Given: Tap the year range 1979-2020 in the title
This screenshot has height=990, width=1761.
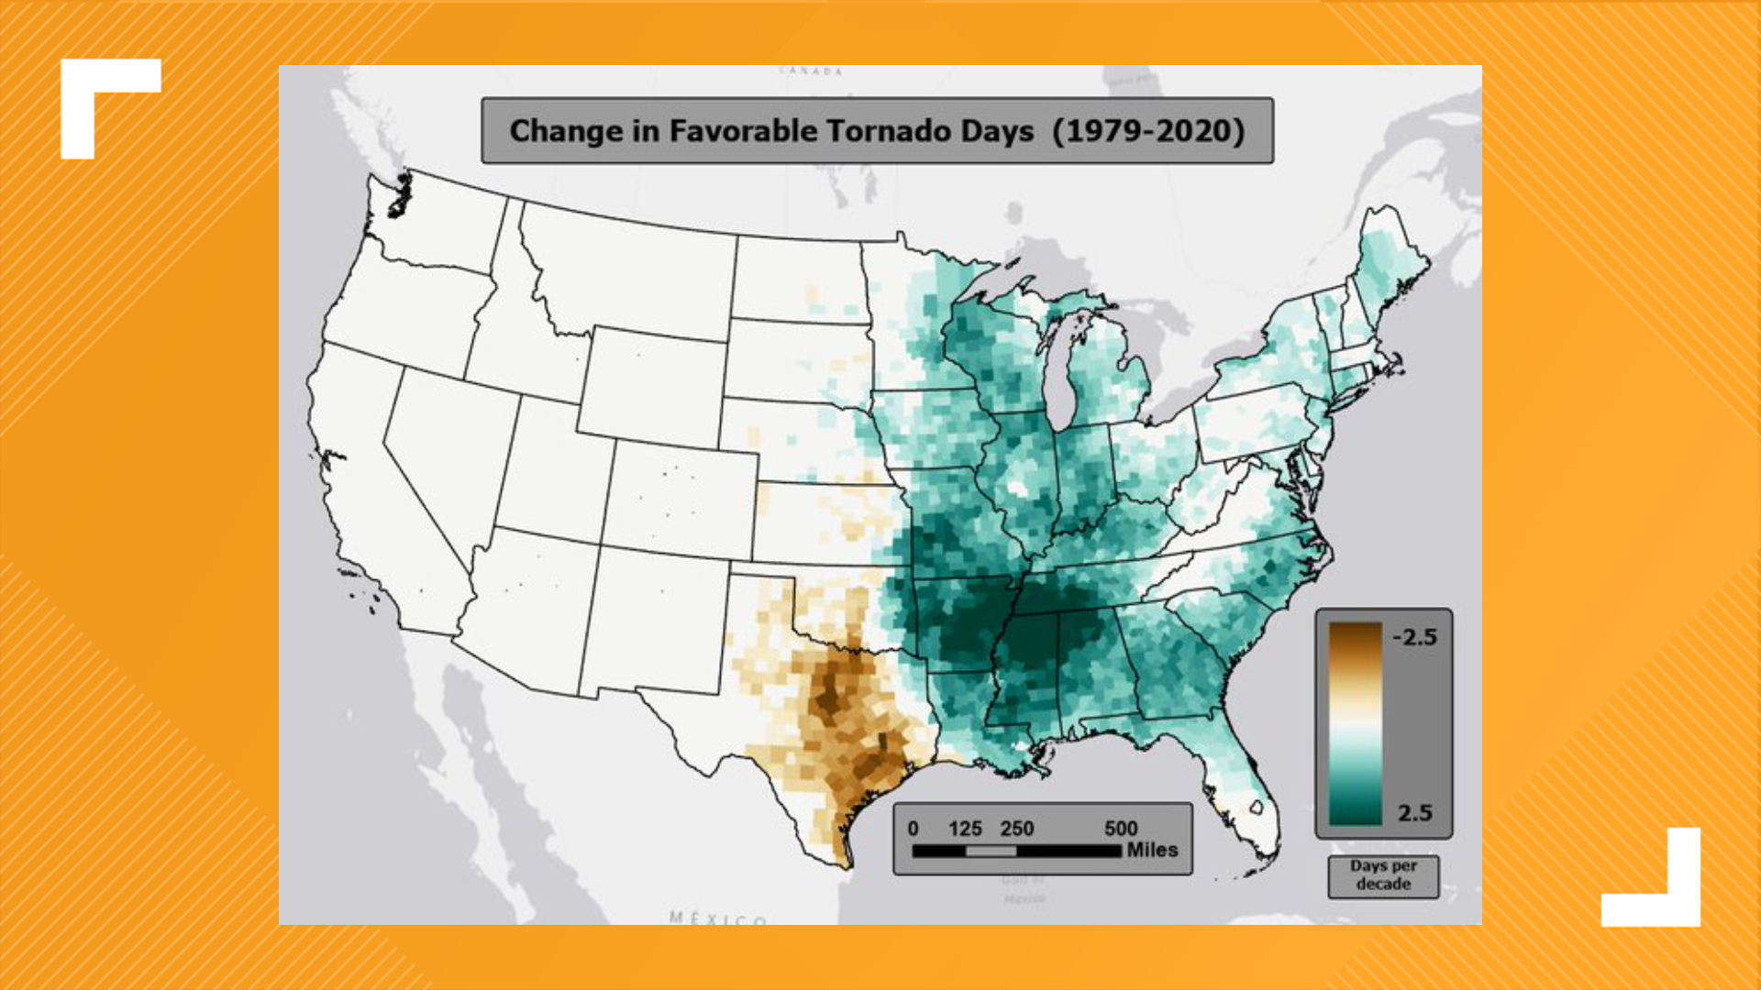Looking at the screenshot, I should (1148, 131).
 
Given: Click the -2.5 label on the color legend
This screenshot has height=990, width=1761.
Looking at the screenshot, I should (1414, 637).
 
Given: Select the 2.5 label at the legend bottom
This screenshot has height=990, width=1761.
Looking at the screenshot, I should (1414, 812).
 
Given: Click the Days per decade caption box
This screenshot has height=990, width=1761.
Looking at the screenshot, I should (1383, 875).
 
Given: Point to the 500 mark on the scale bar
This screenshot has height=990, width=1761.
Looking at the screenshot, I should (1121, 829).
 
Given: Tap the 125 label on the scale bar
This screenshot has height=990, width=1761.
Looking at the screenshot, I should (965, 829).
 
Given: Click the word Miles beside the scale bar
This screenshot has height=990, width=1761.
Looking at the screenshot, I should (1152, 850).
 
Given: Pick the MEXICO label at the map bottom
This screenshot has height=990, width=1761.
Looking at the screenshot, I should (718, 918).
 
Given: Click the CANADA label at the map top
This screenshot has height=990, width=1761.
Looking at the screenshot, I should (811, 71).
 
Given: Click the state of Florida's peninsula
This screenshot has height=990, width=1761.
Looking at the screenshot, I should (1247, 788).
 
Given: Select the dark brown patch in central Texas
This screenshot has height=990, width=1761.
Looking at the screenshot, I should (830, 697).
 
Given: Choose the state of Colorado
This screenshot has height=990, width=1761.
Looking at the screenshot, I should (679, 500).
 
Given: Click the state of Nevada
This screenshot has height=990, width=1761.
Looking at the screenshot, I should (440, 458).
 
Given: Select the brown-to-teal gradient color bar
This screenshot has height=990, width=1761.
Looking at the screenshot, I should (1356, 724).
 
